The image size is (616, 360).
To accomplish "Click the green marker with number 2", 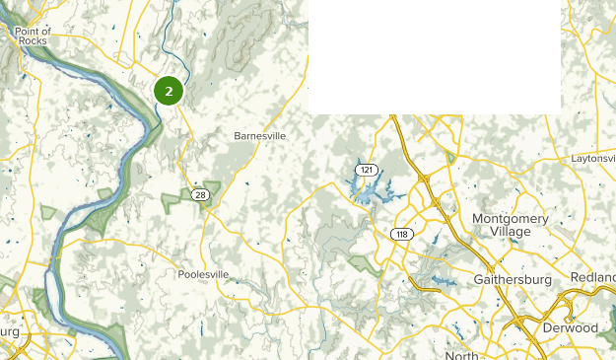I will (169, 91).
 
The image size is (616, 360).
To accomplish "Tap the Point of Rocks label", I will (33, 36).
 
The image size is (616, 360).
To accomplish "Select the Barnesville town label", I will (259, 136).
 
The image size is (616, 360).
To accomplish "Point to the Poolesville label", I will (203, 274).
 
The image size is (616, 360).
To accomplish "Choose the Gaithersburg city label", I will (519, 280).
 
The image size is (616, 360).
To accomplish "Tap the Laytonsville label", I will (592, 159).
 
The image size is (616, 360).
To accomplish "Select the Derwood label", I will (571, 326).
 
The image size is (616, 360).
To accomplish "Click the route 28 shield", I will (200, 195).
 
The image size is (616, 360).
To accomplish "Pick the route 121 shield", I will (367, 170).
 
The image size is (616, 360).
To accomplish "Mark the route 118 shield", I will (400, 234).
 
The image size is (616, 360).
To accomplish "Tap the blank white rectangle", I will (435, 55).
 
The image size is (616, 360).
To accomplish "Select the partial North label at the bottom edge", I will (461, 355).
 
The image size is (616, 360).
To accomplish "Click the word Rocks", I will (33, 41).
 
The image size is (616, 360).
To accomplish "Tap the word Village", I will (510, 231).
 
